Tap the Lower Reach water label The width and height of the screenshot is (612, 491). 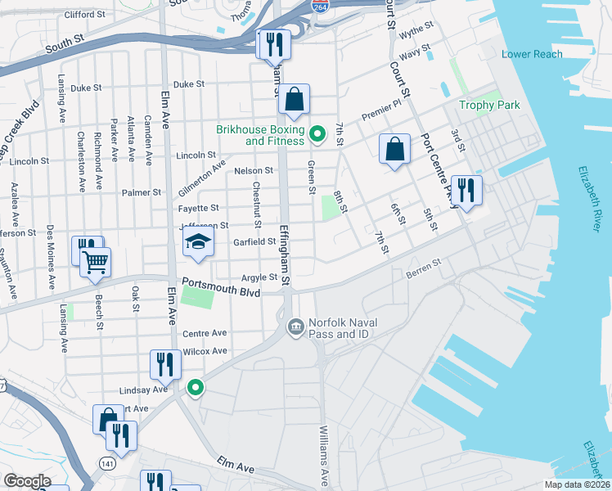pos(532,54)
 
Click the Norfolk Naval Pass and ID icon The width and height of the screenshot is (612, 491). pos(295,327)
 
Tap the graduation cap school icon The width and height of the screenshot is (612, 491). pos(196,243)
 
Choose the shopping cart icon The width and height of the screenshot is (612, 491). pos(96,262)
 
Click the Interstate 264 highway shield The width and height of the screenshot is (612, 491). pos(320,5)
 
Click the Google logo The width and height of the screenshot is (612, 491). pos(26,481)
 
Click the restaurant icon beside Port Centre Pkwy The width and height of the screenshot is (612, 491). pos(466,190)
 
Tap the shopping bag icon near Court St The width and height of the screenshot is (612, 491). pos(394,150)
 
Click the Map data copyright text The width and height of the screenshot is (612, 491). pos(577,484)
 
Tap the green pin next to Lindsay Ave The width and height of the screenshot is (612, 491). pos(195,388)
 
